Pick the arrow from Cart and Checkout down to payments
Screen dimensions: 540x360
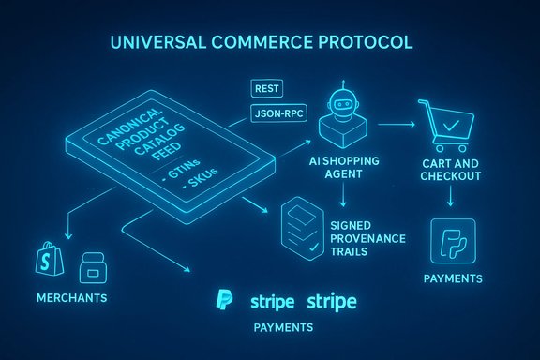coord(451,198)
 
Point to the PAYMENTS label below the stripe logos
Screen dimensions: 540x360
coord(282,329)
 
